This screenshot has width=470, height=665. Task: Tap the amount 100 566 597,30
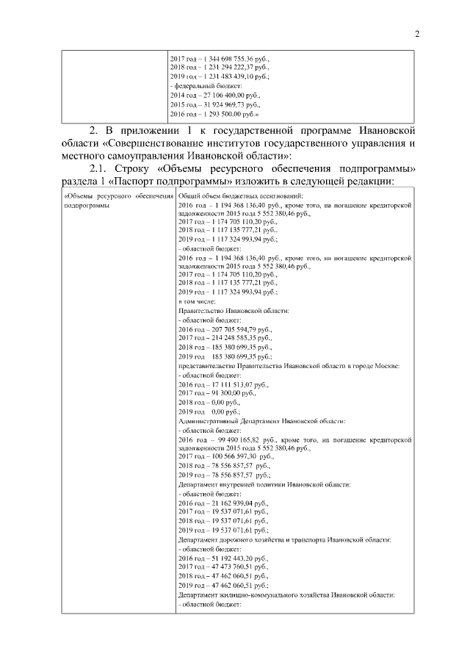[228, 456]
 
